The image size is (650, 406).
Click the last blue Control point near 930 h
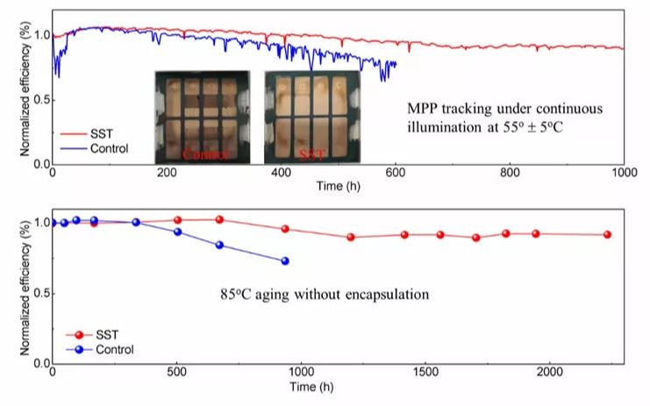284,260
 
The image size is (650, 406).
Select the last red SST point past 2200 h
606,234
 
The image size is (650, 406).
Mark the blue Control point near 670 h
219,245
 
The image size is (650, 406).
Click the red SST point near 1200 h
351,237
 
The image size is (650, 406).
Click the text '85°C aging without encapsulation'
324,295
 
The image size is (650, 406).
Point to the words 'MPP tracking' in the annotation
444,109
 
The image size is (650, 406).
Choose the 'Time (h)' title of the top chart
339,187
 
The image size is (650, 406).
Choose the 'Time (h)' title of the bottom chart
339,386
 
